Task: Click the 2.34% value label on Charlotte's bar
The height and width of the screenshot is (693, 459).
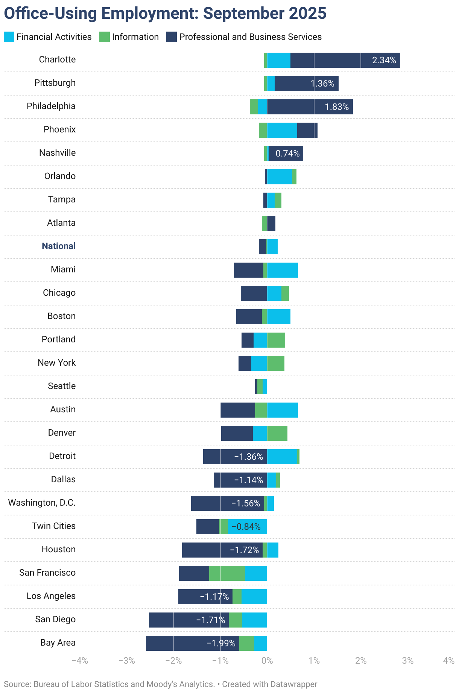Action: (x=384, y=60)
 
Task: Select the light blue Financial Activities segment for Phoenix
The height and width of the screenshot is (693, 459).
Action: (x=282, y=130)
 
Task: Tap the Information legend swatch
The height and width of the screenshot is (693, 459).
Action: (x=104, y=37)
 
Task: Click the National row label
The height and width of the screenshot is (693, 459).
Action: (x=59, y=246)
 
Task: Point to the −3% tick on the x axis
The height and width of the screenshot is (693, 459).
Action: (x=127, y=661)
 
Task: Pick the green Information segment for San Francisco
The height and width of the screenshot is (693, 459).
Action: (x=227, y=573)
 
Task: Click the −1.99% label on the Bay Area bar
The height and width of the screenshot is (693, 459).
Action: (x=221, y=643)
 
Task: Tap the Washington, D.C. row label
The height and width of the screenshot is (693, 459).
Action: (x=42, y=503)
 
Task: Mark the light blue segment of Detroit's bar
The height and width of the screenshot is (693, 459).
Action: (x=282, y=457)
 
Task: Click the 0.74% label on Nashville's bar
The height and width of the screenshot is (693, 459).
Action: (x=287, y=153)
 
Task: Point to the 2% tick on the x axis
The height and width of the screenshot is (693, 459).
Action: (x=361, y=661)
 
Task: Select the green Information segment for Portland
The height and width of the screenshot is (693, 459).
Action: (x=276, y=340)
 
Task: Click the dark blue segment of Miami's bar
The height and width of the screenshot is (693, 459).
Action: (x=248, y=270)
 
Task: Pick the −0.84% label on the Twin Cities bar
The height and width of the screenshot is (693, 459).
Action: (x=246, y=527)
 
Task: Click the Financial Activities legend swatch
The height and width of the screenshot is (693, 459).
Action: (x=9, y=37)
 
